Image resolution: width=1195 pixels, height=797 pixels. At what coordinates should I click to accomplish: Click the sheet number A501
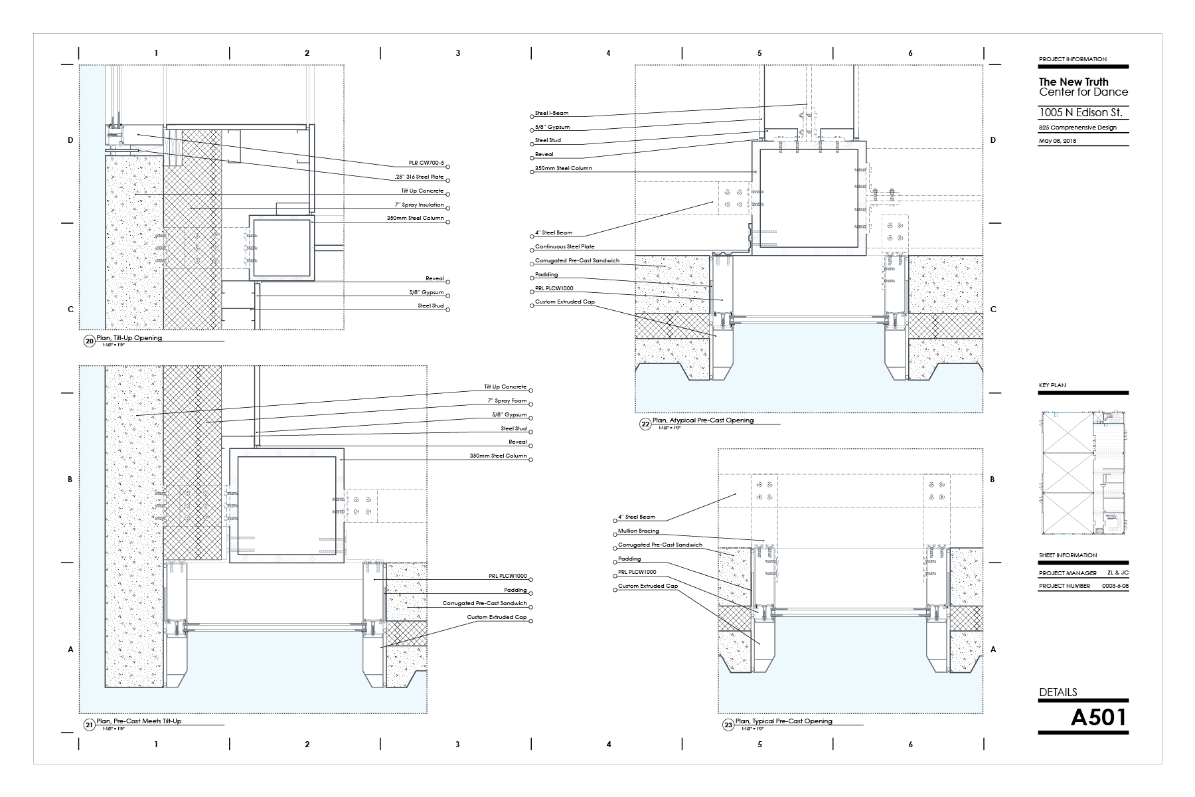pyautogui.click(x=1099, y=717)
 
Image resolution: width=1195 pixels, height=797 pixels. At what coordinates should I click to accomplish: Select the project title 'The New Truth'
pyautogui.click(x=1074, y=82)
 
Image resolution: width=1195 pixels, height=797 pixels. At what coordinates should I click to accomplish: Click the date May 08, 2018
pyautogui.click(x=1058, y=141)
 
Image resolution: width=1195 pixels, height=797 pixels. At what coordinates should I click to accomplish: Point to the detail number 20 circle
pyautogui.click(x=90, y=341)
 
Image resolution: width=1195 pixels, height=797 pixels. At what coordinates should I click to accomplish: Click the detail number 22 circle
pyautogui.click(x=645, y=423)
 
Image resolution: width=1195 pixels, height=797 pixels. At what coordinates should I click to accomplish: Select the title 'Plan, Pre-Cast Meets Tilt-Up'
pyautogui.click(x=139, y=721)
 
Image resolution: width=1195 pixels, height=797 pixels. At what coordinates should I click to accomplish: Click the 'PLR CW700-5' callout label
pyautogui.click(x=426, y=163)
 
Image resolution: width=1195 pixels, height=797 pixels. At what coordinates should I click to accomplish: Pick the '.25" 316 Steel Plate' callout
pyautogui.click(x=418, y=177)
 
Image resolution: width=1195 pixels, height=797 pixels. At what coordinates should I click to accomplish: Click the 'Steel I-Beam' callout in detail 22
pyautogui.click(x=552, y=114)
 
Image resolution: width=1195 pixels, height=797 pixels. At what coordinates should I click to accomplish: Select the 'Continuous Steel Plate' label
pyautogui.click(x=565, y=247)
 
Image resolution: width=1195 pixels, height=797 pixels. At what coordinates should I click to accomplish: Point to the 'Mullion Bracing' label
pyautogui.click(x=639, y=531)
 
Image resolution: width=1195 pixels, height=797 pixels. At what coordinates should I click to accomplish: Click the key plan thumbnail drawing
pyautogui.click(x=1083, y=472)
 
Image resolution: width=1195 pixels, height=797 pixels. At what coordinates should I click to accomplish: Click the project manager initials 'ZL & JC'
pyautogui.click(x=1117, y=573)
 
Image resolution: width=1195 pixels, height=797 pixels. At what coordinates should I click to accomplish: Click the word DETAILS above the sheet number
pyautogui.click(x=1058, y=692)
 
